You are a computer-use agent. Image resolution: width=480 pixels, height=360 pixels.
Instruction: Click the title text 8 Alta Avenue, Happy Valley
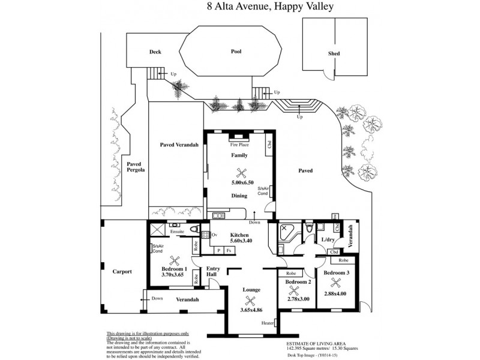tap(270, 7)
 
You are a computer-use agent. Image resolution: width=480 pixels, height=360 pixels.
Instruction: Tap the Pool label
tap(236, 52)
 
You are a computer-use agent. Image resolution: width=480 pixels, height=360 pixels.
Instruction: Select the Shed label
tap(334, 54)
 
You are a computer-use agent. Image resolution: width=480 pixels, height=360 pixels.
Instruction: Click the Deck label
tap(155, 52)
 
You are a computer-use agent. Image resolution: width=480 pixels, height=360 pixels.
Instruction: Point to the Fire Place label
tap(239, 145)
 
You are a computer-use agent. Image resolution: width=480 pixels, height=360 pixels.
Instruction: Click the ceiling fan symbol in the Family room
tap(240, 172)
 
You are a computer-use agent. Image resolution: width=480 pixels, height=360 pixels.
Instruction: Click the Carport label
tap(122, 272)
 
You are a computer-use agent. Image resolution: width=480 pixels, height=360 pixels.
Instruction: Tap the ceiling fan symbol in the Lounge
tap(251, 300)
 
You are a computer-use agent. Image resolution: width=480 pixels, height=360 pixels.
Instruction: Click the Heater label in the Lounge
tap(268, 323)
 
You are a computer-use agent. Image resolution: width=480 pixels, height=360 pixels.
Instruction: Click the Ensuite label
tap(177, 231)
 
